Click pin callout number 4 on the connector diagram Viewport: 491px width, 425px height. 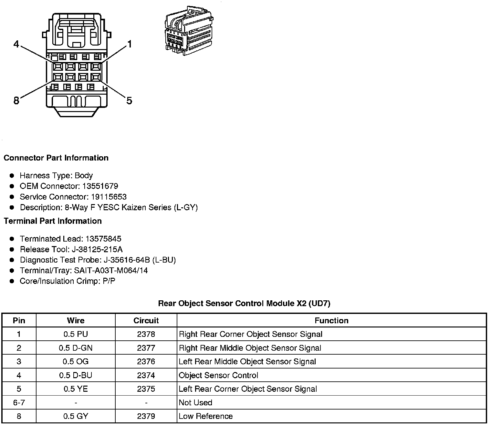[x=16, y=44]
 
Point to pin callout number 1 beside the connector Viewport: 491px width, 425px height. [x=130, y=44]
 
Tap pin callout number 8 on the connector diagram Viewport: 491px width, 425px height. [x=16, y=101]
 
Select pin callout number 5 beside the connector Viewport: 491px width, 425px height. [x=129, y=101]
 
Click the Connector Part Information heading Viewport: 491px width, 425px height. [x=56, y=158]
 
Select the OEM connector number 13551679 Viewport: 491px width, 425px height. [x=100, y=186]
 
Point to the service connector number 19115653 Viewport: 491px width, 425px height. [x=109, y=197]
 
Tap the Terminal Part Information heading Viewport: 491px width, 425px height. [x=53, y=221]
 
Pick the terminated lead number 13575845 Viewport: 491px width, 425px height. [x=103, y=239]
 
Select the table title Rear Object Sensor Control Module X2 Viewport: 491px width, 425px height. [x=244, y=303]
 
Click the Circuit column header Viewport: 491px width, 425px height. [x=146, y=320]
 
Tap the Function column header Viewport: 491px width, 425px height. [x=331, y=320]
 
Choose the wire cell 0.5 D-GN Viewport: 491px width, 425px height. [x=76, y=348]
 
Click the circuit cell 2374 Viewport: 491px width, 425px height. [x=146, y=375]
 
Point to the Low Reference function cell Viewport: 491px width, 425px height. [x=205, y=416]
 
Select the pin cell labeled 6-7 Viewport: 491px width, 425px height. [x=19, y=402]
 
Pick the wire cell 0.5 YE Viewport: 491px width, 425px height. [x=76, y=389]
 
